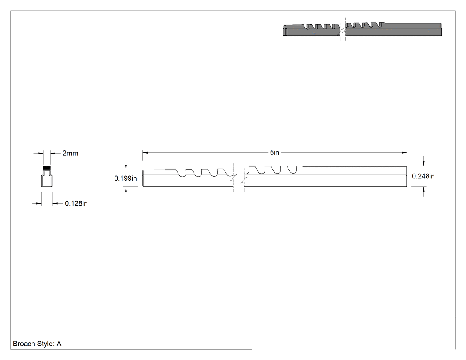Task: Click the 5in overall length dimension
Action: click(x=275, y=153)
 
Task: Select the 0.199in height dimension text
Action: click(x=126, y=178)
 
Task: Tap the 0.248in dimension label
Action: click(x=423, y=176)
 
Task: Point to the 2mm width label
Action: click(x=71, y=154)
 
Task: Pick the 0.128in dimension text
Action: click(x=76, y=203)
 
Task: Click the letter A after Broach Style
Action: click(x=59, y=344)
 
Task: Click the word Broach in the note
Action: click(x=24, y=344)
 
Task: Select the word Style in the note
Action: click(x=45, y=344)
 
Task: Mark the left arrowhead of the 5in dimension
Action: click(x=145, y=153)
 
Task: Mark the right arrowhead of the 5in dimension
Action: click(x=404, y=153)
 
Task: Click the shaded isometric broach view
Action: click(x=362, y=29)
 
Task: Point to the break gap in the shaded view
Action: click(x=343, y=29)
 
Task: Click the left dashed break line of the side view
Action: click(x=233, y=178)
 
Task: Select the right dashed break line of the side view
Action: click(x=244, y=178)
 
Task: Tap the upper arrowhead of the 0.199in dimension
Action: click(x=126, y=167)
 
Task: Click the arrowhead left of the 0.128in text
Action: click(x=39, y=204)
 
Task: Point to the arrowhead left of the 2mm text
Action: click(x=41, y=154)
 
